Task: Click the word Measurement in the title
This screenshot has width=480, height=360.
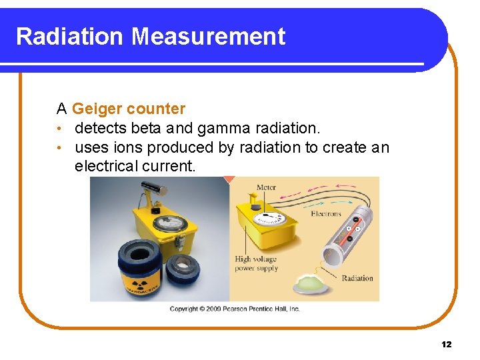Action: point(208,36)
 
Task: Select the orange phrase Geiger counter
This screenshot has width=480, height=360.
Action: point(129,109)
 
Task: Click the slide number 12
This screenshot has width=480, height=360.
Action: point(446,344)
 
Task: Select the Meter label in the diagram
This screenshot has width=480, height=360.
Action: point(265,187)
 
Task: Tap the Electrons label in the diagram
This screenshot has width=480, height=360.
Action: point(325,214)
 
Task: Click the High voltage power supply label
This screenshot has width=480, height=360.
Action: point(256,264)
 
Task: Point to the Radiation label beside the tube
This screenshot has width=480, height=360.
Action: point(357,278)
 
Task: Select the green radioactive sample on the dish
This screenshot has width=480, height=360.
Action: point(311,283)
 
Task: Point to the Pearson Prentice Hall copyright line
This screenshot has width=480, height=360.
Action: point(235,309)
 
